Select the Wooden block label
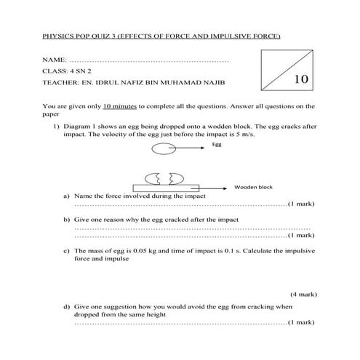(253, 188)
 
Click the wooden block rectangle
(164, 188)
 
